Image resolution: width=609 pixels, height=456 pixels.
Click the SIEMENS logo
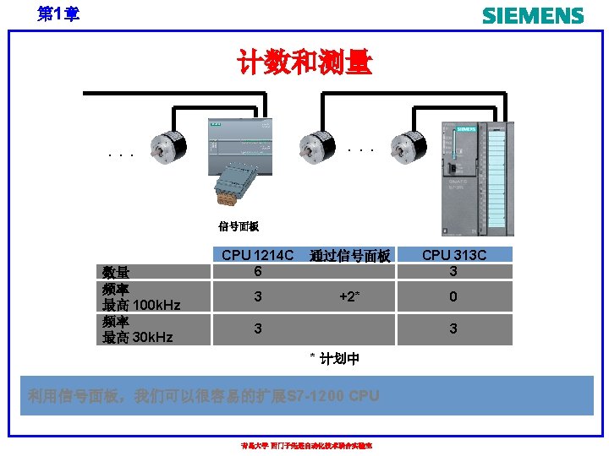(x=532, y=15)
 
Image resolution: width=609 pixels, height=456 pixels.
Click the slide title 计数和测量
(x=304, y=62)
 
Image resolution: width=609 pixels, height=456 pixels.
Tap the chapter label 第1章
(x=58, y=14)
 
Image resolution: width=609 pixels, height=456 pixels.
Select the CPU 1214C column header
(x=257, y=255)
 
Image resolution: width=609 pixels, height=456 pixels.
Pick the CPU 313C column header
(x=453, y=255)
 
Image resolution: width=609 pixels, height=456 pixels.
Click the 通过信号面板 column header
(x=349, y=256)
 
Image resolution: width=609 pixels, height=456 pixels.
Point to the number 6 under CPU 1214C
(x=257, y=271)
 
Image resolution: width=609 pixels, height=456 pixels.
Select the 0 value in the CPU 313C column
(x=453, y=297)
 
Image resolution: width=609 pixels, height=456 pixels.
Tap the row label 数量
(x=116, y=272)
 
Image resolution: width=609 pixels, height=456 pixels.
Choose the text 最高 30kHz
(x=137, y=337)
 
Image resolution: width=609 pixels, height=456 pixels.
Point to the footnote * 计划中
(x=334, y=359)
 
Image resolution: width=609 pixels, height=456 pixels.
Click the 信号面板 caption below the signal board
(x=239, y=226)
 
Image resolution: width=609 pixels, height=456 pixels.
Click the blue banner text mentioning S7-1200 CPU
(x=203, y=396)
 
